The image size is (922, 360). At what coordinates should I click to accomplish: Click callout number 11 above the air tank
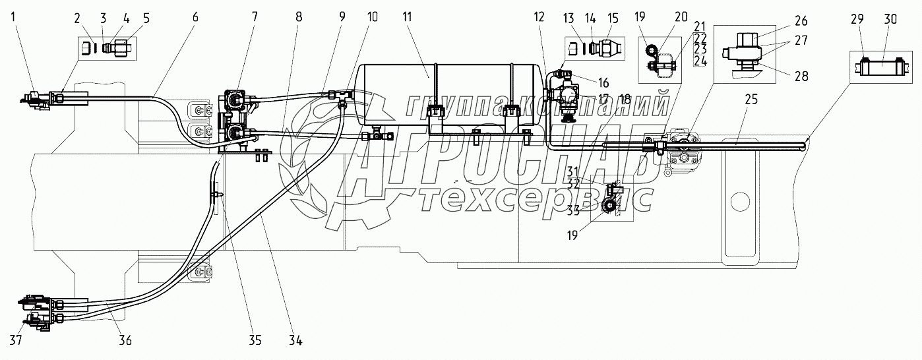(x=407, y=17)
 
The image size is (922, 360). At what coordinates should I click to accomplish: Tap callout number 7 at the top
(x=255, y=17)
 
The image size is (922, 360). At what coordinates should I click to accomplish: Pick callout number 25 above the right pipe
(x=751, y=100)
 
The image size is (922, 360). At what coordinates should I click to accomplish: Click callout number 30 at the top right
(x=890, y=19)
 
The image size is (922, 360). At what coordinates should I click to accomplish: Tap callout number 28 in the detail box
(x=801, y=76)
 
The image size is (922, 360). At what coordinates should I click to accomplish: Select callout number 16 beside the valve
(x=603, y=82)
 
